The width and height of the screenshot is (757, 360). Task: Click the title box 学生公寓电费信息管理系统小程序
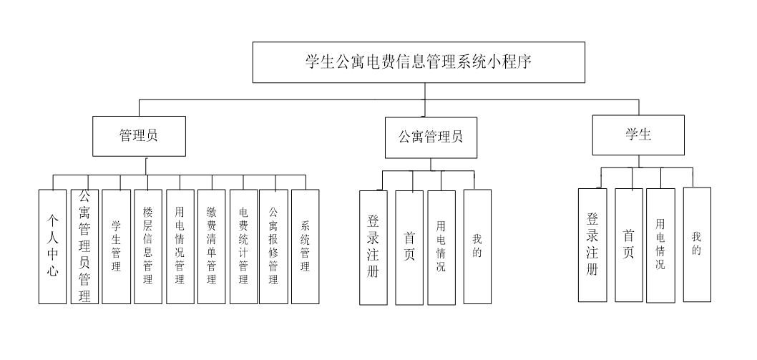pos(419,62)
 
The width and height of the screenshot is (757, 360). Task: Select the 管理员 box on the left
pos(139,136)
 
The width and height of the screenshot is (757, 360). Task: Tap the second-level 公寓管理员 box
pos(430,137)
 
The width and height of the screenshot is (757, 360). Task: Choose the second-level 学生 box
pos(638,135)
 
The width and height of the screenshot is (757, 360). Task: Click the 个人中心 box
pos(52,246)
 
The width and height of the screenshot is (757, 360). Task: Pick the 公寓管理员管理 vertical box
pos(84,246)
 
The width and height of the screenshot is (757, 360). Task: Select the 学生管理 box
pos(116,246)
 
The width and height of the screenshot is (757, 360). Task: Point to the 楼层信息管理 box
pos(148,246)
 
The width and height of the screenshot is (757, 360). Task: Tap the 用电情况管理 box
pos(180,246)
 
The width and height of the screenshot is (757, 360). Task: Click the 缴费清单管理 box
pos(211,246)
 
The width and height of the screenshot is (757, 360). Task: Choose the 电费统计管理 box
pos(243,246)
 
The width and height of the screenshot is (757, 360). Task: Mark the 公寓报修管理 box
pos(273,246)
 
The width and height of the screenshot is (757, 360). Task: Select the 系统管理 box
pos(306,246)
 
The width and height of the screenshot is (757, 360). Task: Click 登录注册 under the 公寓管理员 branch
pos(373,247)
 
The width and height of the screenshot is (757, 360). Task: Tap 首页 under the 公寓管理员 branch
pos(409,247)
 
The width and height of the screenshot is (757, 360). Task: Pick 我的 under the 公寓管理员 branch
pos(477,246)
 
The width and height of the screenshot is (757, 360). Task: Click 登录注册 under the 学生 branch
pos(592,245)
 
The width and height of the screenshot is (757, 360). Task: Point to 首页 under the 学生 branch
pos(629,245)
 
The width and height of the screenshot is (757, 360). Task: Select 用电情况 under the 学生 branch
pos(660,245)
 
